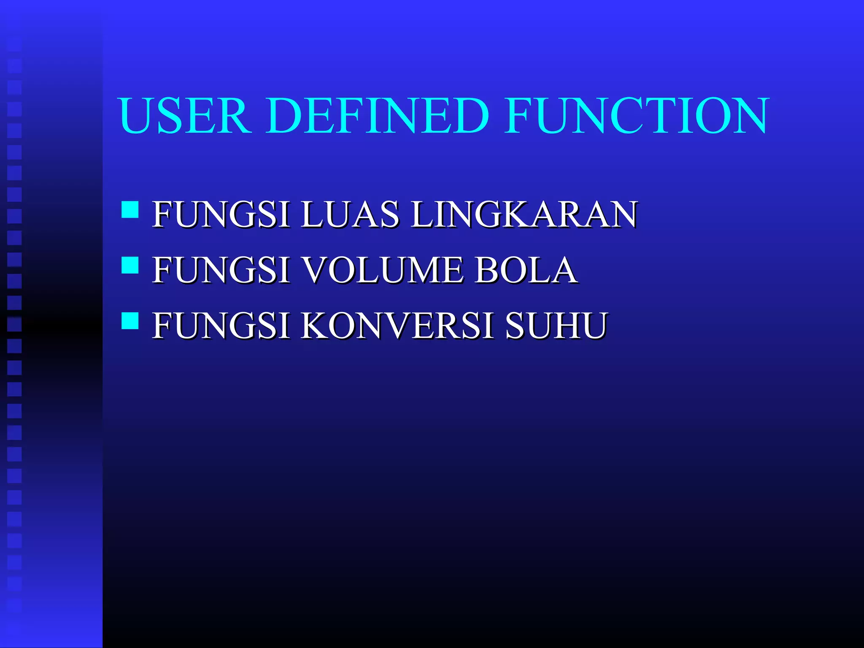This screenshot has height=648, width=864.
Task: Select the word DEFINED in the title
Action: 378,115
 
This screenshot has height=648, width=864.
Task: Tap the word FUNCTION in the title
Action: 637,115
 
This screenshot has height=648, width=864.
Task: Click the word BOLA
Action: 526,270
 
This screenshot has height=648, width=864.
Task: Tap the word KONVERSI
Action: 397,325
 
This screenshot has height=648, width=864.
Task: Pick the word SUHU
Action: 556,325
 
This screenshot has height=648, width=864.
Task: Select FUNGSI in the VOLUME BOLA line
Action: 221,270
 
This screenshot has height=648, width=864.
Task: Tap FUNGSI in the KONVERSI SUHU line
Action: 221,325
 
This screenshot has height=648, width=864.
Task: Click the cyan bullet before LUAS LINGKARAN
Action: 130,210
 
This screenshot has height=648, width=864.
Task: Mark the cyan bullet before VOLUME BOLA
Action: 130,265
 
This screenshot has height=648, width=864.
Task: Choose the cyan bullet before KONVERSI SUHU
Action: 130,321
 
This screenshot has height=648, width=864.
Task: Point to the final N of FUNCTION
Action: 748,115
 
